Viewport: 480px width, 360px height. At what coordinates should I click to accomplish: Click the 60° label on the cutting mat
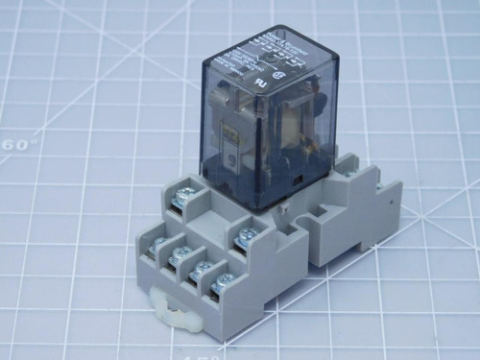(x=19, y=144)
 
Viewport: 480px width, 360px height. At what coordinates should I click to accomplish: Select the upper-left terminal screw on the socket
(x=181, y=200)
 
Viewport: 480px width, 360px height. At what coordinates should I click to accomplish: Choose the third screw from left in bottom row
(x=203, y=275)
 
